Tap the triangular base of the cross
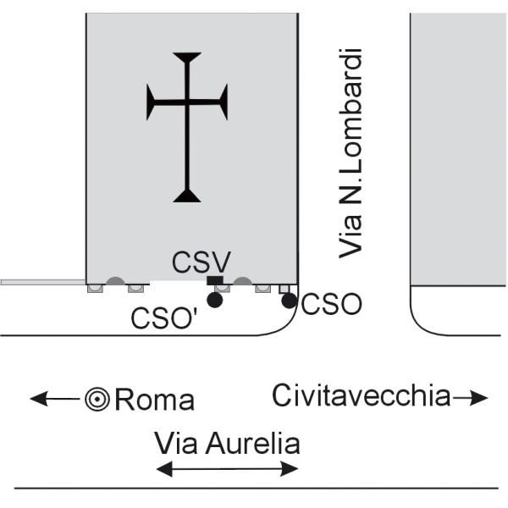tap(187, 196)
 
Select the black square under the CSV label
tap(215, 281)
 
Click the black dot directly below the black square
tap(215, 300)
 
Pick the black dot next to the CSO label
tap(289, 301)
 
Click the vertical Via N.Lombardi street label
tap(351, 152)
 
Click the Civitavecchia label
tap(362, 395)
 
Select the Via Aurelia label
tap(227, 443)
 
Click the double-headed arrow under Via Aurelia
tap(228, 468)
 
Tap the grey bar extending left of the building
tap(42, 282)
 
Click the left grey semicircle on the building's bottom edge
tap(115, 281)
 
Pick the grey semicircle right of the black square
tap(243, 281)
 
